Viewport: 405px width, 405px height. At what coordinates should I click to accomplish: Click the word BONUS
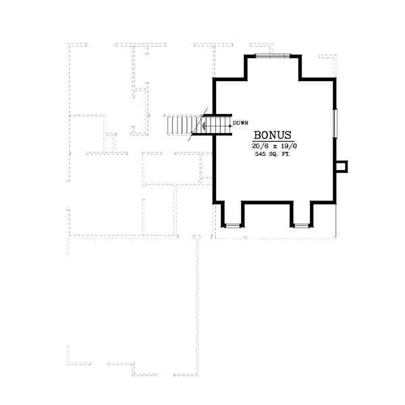(x=273, y=134)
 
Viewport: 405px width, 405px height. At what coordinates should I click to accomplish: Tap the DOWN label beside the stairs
(x=241, y=124)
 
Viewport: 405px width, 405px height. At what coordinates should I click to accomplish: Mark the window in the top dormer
(x=273, y=55)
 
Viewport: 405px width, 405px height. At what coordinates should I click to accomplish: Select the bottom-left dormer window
(x=232, y=225)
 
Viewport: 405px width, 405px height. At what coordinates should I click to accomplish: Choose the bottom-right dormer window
(x=302, y=225)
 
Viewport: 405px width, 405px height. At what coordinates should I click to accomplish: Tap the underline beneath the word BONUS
(x=273, y=141)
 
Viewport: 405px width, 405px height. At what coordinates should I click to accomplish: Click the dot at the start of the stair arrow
(x=230, y=125)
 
